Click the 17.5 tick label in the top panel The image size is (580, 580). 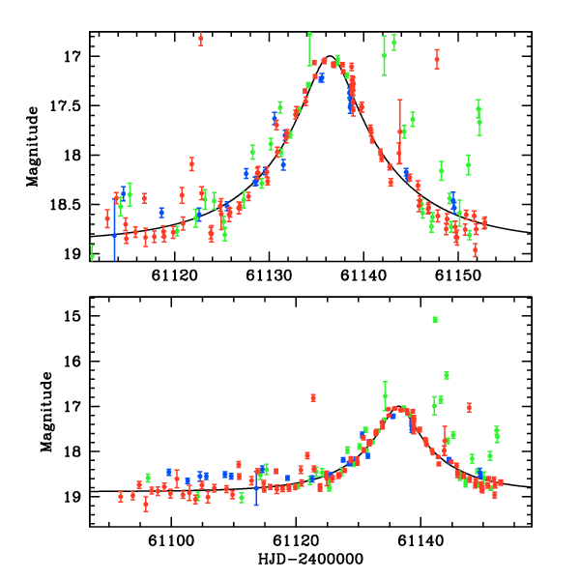click(70, 105)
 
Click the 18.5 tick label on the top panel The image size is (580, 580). click(70, 205)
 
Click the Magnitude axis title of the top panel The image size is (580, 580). click(33, 147)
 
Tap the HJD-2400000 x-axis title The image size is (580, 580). click(297, 559)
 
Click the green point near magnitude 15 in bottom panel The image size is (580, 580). click(435, 319)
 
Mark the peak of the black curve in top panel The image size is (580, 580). click(330, 56)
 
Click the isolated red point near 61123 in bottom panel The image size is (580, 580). click(313, 397)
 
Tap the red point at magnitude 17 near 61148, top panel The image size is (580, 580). click(437, 59)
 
